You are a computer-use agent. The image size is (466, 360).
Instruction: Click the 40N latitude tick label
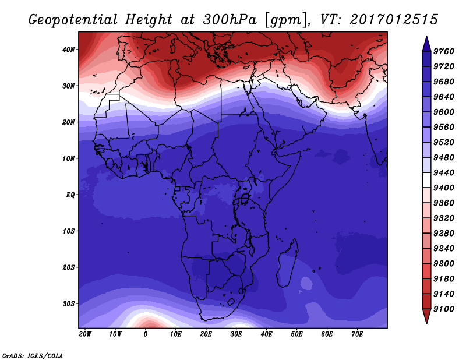tap(69, 50)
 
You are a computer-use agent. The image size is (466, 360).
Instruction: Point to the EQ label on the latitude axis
tap(70, 195)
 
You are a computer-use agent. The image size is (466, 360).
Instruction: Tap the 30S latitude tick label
tap(69, 304)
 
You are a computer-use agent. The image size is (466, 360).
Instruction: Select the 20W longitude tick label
tap(85, 334)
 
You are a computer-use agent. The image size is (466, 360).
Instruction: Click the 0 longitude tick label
tap(145, 334)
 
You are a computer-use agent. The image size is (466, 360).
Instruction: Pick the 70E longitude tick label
tap(357, 334)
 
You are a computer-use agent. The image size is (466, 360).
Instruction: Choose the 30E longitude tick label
tap(236, 334)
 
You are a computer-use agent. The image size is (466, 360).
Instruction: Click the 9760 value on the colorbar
tap(444, 51)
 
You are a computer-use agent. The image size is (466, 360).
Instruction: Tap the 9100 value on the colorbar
tap(444, 309)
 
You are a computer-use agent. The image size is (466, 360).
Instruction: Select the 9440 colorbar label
tap(444, 172)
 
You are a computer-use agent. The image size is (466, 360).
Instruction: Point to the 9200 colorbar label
tap(444, 264)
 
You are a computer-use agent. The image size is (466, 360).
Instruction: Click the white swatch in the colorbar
tap(427, 180)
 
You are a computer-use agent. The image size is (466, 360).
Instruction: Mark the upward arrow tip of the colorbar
tap(427, 36)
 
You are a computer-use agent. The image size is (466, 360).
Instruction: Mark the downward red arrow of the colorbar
tap(427, 316)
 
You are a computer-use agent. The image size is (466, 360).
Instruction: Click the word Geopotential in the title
tap(73, 20)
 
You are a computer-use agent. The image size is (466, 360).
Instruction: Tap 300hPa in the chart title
tap(230, 20)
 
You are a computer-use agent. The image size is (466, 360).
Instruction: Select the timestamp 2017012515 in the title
tap(394, 20)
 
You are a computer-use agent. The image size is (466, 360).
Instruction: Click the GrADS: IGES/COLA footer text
tap(33, 356)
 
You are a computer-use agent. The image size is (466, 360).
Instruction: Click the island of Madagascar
tap(288, 263)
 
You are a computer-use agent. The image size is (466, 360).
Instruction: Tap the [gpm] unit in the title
tap(286, 20)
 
